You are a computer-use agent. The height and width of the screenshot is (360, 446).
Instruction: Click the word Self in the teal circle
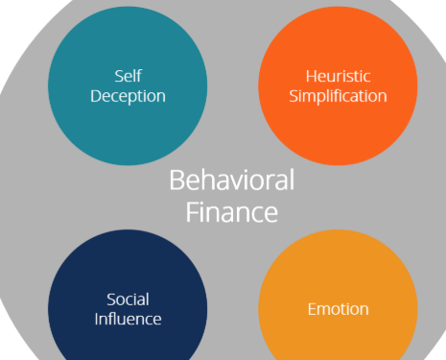(x=128, y=76)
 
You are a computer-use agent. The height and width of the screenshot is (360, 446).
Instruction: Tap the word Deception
(x=128, y=96)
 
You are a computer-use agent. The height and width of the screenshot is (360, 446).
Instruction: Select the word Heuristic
(x=338, y=77)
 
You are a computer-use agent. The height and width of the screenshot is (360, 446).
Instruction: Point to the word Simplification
(x=338, y=96)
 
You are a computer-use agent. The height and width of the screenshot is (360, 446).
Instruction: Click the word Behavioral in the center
(x=232, y=180)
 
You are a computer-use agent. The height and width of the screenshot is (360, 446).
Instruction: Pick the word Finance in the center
(x=232, y=212)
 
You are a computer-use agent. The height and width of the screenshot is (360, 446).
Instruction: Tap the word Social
(x=128, y=300)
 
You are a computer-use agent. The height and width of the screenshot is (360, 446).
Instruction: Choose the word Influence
(x=128, y=319)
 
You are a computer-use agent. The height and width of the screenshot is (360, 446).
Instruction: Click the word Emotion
(x=338, y=309)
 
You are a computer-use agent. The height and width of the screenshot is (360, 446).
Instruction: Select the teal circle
(x=128, y=85)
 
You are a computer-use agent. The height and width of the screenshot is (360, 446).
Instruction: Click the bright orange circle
(x=338, y=85)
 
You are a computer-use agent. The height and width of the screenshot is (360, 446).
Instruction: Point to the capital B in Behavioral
(x=176, y=180)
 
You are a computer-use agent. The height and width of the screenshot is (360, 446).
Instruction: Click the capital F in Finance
(x=192, y=212)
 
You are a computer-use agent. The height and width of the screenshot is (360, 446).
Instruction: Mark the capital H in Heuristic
(x=312, y=77)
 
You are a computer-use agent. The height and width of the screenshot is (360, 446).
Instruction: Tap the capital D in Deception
(x=97, y=96)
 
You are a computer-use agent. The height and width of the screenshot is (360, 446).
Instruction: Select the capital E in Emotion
(x=312, y=309)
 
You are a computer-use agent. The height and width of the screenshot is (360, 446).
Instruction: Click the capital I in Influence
(x=96, y=319)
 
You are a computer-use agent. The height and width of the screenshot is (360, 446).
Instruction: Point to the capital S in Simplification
(x=294, y=96)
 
